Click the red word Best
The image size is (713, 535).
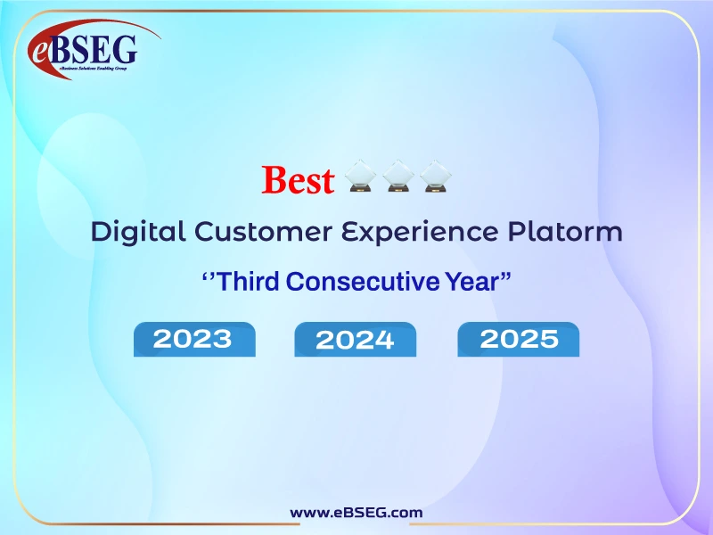298,180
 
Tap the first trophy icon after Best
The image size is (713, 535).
361,177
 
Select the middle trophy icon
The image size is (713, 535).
397,177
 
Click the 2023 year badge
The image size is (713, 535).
193,339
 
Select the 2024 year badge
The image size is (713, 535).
355,340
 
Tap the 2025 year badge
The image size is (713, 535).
519,339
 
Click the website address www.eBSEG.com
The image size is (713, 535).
356,512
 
